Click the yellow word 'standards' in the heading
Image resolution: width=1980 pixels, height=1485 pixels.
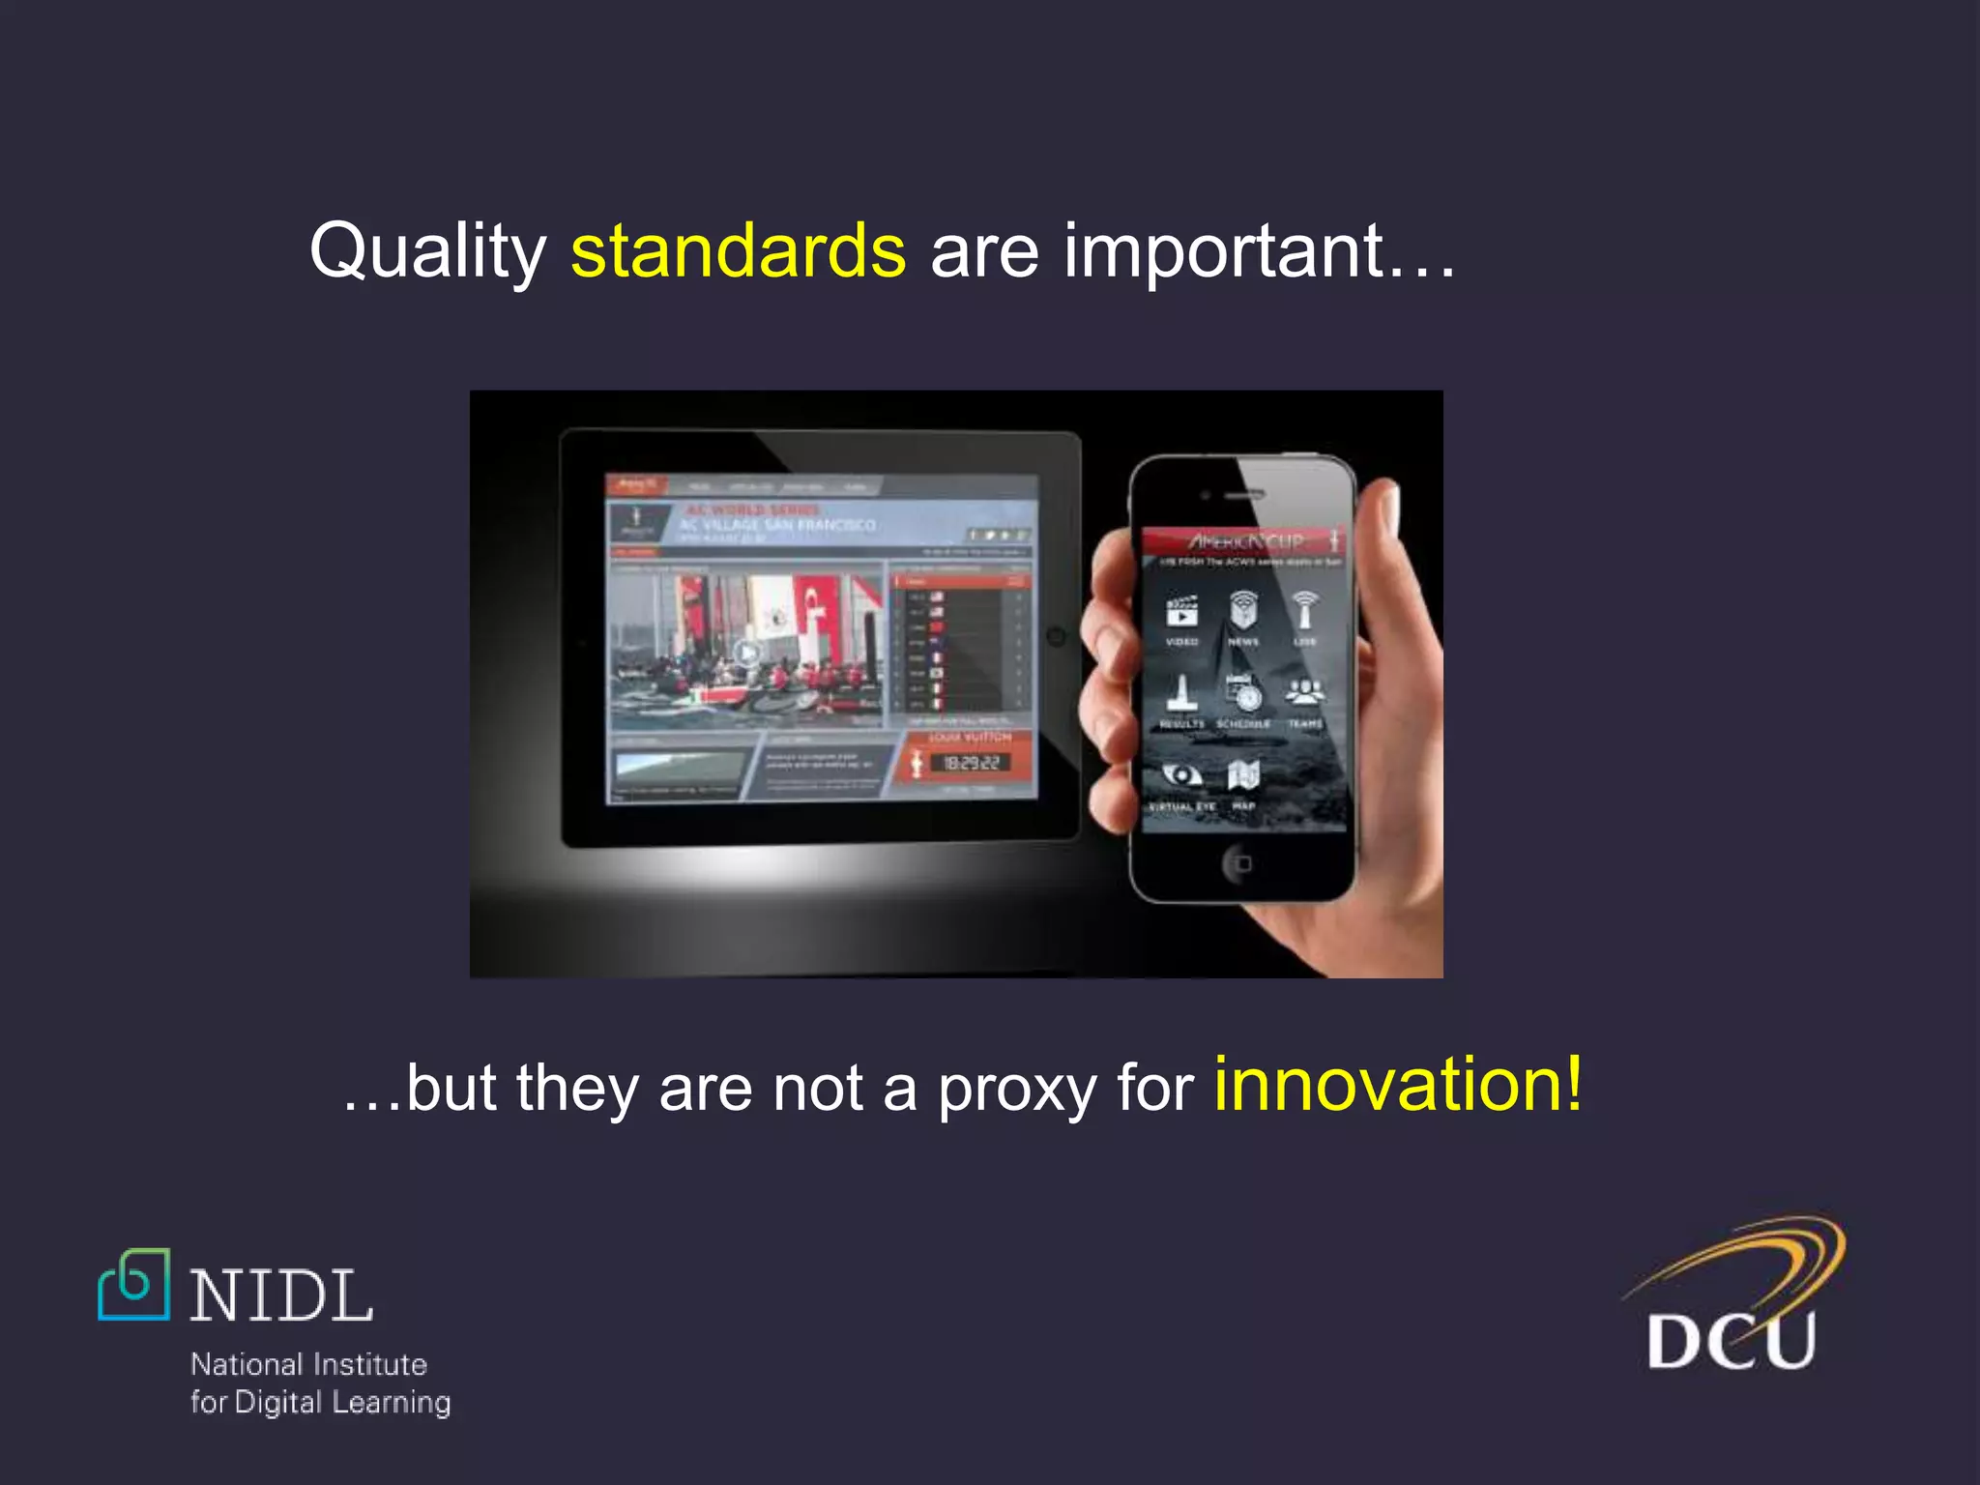click(738, 251)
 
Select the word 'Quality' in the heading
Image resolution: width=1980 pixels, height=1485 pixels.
click(428, 251)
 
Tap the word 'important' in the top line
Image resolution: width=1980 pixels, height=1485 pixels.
click(1225, 251)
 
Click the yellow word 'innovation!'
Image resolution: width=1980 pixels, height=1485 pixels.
click(1398, 1085)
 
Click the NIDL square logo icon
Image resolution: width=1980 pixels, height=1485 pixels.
click(134, 1285)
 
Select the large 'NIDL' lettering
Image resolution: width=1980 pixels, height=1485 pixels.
click(281, 1296)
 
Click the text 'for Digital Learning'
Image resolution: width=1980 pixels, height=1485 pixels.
click(320, 1403)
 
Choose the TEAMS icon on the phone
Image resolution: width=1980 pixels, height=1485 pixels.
click(1305, 692)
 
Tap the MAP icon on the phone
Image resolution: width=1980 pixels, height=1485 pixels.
click(1243, 775)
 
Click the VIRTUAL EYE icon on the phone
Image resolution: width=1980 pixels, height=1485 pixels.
click(1180, 775)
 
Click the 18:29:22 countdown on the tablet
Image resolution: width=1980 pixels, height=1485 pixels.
click(971, 764)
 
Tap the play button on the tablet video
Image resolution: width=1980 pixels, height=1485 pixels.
click(746, 654)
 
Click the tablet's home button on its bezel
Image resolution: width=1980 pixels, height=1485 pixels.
click(1056, 636)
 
